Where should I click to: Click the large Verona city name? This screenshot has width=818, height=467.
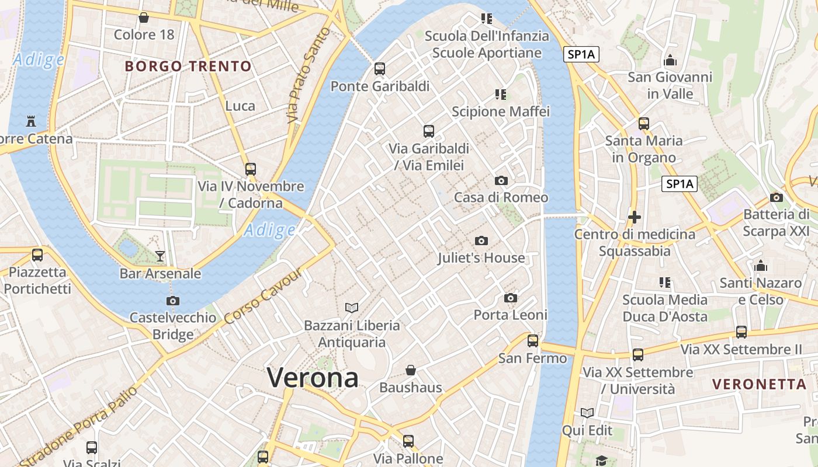pyautogui.click(x=313, y=378)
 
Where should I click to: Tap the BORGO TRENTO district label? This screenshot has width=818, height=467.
pyautogui.click(x=188, y=66)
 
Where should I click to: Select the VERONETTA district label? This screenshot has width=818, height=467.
pyautogui.click(x=760, y=384)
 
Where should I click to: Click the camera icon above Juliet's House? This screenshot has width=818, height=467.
pyautogui.click(x=481, y=241)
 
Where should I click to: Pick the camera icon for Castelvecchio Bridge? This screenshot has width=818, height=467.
pyautogui.click(x=173, y=301)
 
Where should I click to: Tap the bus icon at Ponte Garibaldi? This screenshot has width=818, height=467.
pyautogui.click(x=380, y=69)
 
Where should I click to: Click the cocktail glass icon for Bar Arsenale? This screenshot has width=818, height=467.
pyautogui.click(x=160, y=256)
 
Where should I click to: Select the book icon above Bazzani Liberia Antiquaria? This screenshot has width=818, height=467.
pyautogui.click(x=352, y=308)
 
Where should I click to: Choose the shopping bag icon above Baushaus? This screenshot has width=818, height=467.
pyautogui.click(x=411, y=370)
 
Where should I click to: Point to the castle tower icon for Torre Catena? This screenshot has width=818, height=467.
pyautogui.click(x=31, y=121)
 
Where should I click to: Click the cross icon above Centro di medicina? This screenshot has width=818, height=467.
pyautogui.click(x=635, y=217)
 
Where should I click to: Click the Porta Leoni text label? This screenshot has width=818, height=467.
pyautogui.click(x=510, y=315)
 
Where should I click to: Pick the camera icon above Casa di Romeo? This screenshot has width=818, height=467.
pyautogui.click(x=501, y=180)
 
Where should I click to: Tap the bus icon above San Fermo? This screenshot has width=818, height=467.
pyautogui.click(x=533, y=340)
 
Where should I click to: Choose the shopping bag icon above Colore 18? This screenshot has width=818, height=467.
pyautogui.click(x=144, y=18)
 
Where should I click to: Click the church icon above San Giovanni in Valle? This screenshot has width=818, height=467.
pyautogui.click(x=670, y=60)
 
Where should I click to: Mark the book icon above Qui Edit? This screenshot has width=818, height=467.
pyautogui.click(x=587, y=413)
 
